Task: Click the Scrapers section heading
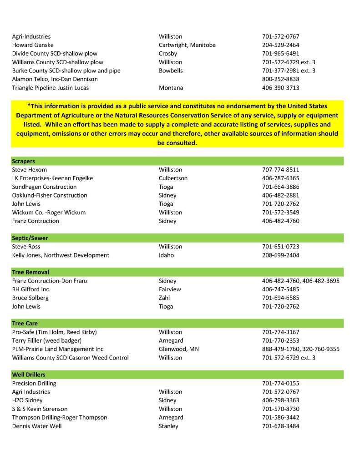24,161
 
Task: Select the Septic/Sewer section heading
30,238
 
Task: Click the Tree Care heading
25,324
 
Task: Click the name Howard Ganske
33,45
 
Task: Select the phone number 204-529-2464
281,45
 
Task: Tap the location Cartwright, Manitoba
187,45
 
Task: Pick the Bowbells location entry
171,71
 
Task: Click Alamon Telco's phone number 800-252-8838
281,79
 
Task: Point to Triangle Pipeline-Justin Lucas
51,88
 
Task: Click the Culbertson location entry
173,178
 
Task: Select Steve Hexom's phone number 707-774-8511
281,170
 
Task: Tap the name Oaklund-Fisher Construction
50,195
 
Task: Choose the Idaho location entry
166,255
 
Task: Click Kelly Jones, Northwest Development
61,255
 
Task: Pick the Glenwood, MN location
179,349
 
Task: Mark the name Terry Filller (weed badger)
47,340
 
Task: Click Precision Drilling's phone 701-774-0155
281,383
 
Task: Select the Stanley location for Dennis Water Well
168,426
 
